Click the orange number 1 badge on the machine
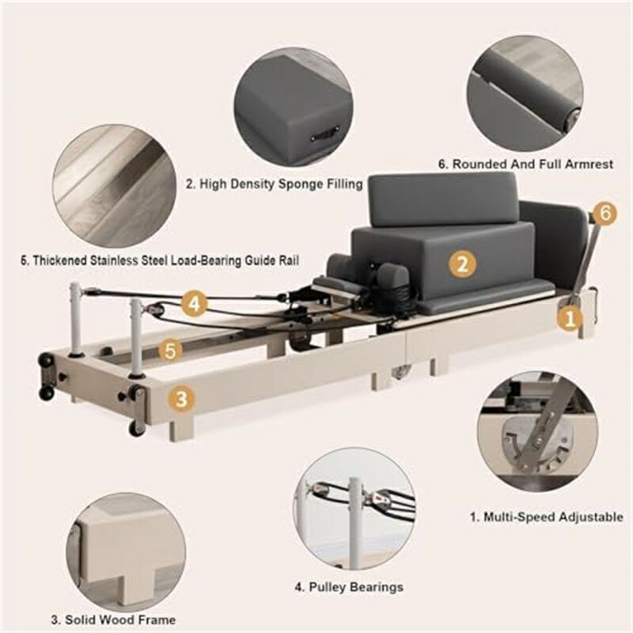570,318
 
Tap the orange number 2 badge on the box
463,264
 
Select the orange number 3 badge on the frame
181,399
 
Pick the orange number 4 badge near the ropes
194,303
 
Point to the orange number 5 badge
170,350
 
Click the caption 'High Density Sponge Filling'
275,184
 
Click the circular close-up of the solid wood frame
126,552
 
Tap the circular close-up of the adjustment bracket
537,432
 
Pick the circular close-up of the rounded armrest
525,93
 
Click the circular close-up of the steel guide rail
114,186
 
